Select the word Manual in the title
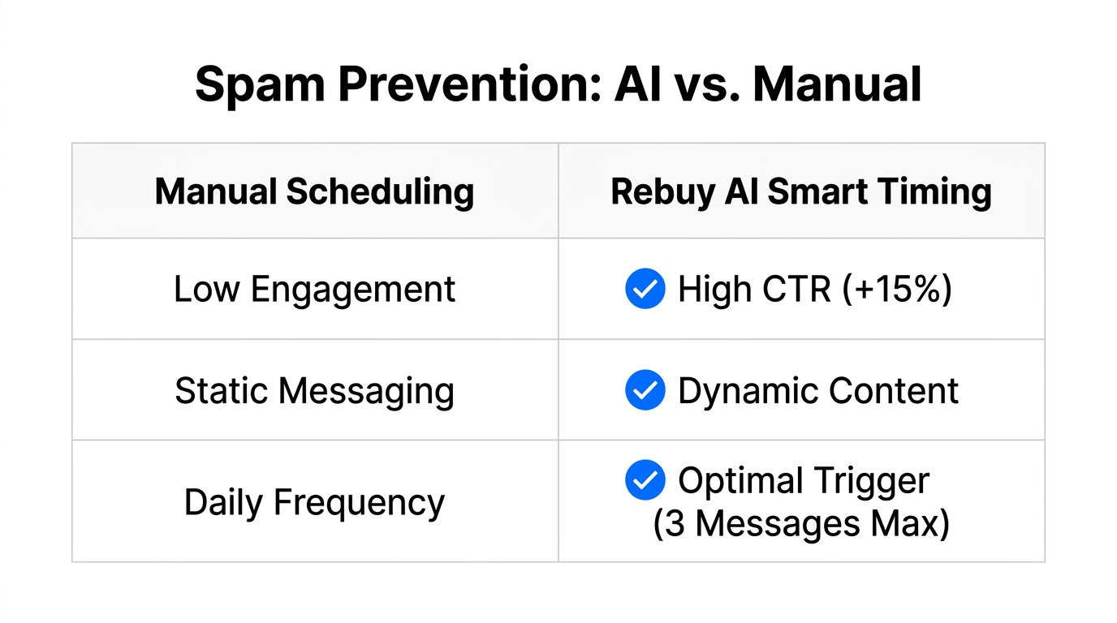(837, 84)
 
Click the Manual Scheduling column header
(314, 192)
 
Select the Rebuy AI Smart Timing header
(801, 192)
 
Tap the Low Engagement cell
(314, 290)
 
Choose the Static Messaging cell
(314, 391)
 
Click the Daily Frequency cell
(314, 502)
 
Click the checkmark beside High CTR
(645, 290)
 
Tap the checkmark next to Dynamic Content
(645, 391)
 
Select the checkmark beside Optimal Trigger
(645, 480)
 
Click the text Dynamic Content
(818, 391)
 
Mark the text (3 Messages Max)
(801, 523)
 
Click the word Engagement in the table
(352, 290)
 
